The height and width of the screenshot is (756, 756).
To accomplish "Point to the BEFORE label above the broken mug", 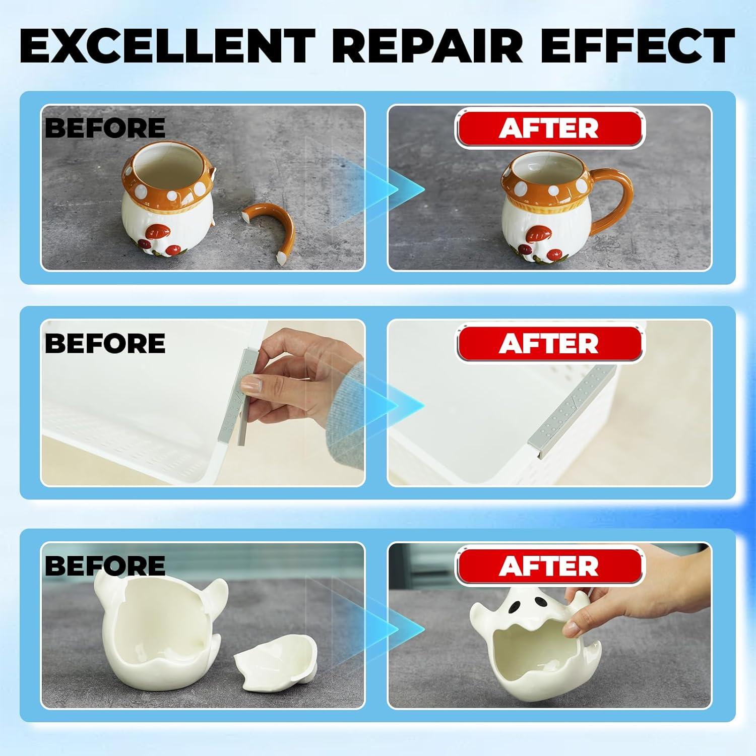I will (x=105, y=128).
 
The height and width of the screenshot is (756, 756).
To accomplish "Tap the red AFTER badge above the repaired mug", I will (x=549, y=129).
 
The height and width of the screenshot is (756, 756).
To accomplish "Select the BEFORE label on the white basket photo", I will (x=105, y=343).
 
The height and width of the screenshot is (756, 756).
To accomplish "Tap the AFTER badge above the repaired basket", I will (x=549, y=344).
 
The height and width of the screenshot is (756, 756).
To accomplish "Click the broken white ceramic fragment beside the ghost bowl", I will (x=276, y=665).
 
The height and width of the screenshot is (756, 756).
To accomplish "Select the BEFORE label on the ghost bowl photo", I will (x=105, y=565).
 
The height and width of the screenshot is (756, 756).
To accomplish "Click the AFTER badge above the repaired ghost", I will (x=549, y=566).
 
